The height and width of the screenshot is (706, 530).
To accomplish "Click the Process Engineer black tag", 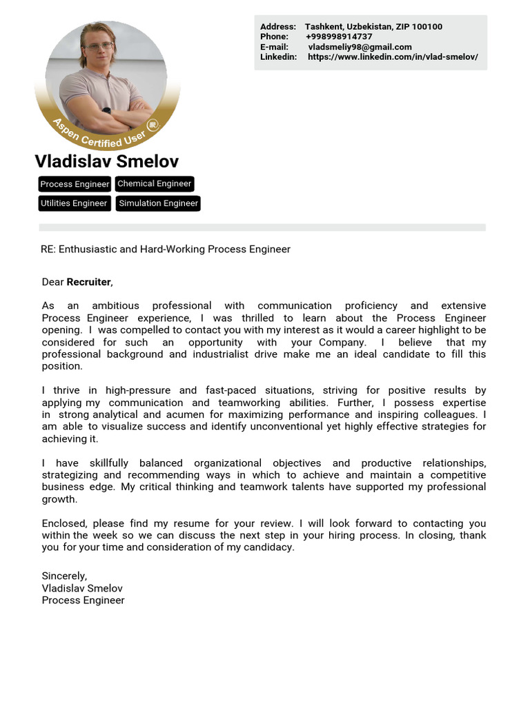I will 75,184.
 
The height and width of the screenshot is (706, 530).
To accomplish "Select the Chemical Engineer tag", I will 154,183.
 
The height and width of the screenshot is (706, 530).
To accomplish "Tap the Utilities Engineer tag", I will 74,203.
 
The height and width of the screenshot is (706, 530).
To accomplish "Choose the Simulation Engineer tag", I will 158,203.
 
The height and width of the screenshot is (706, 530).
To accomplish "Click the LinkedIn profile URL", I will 393,57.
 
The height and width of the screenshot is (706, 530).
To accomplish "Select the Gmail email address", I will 360,47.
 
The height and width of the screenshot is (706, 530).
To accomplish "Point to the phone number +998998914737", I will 339,37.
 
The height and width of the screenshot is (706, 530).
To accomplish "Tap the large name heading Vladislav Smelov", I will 106,161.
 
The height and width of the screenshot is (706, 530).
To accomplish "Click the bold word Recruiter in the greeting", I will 88,282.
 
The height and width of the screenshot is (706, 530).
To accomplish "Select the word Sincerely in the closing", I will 64,576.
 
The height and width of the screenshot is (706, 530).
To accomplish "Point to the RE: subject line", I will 166,249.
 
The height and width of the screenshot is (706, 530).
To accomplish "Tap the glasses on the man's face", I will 99,47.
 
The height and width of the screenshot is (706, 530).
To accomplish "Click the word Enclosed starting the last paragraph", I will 64,523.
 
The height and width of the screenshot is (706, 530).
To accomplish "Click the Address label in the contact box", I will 278,27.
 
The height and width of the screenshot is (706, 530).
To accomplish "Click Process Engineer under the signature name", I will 83,600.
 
